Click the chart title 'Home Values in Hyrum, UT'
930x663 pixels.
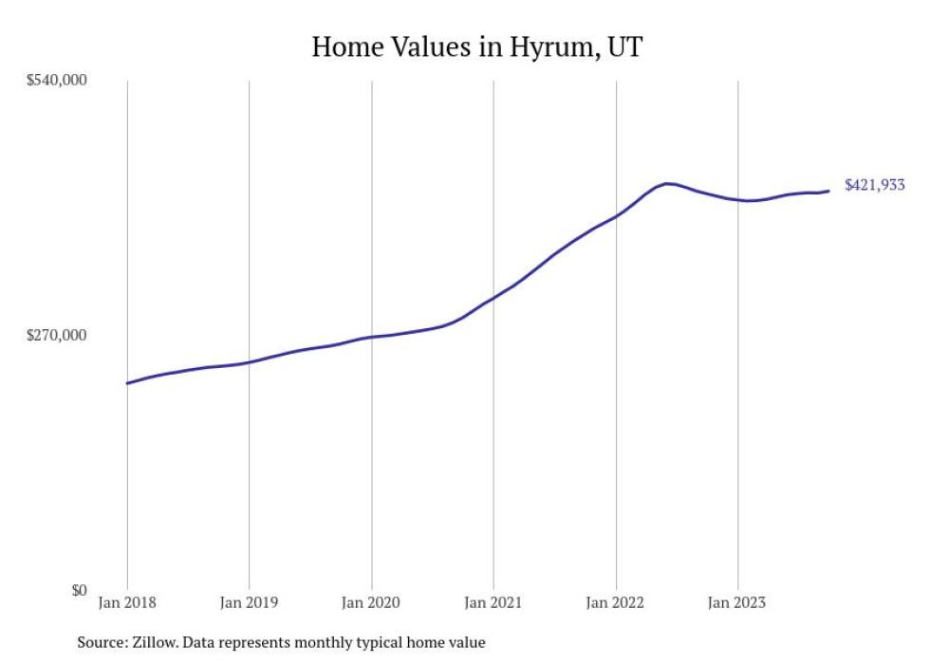(477, 46)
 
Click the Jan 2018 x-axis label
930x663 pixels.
(127, 602)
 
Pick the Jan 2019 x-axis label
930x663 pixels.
(249, 602)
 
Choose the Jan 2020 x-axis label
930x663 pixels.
(371, 602)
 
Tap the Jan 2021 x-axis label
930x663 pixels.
(493, 602)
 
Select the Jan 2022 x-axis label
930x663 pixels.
(616, 602)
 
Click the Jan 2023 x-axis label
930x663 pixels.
(737, 602)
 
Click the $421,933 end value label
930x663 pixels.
(874, 186)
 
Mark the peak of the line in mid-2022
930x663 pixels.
(668, 183)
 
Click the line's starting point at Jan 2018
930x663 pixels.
(127, 383)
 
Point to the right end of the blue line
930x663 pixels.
(828, 191)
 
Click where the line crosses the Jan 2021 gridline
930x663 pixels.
(493, 297)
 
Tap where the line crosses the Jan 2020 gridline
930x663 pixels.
(371, 337)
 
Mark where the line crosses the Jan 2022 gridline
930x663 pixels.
(616, 216)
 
